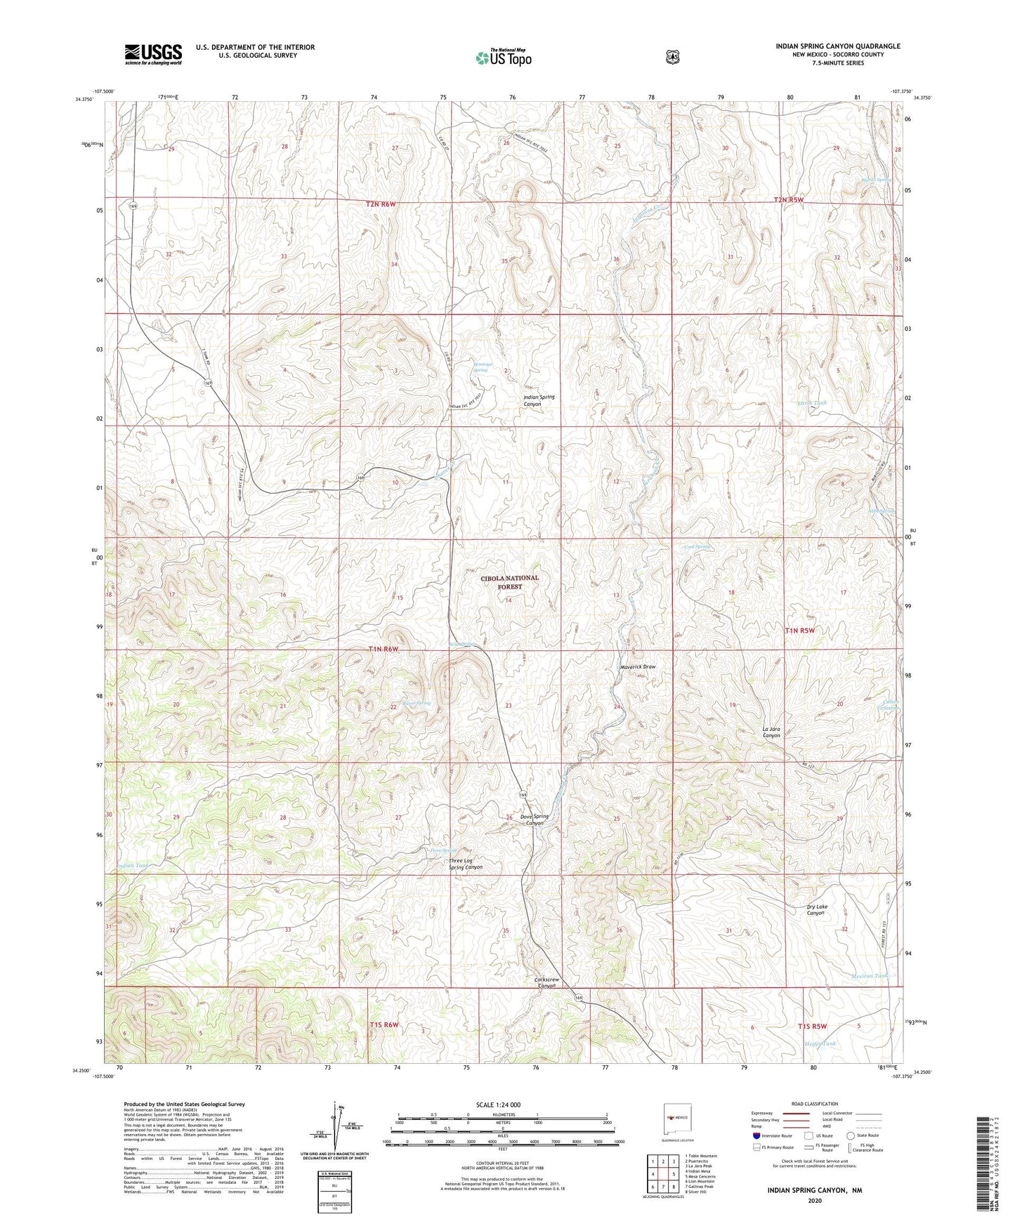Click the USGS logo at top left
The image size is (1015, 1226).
coord(153,54)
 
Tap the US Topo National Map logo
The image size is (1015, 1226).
coord(502,58)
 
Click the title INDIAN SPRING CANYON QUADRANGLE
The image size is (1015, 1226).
coord(837,46)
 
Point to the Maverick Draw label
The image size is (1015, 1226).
coord(638,667)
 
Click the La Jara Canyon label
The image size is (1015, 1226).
coord(771,732)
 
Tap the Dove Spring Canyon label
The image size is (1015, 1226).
coord(535,819)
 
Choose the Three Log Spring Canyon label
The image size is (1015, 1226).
coord(466,864)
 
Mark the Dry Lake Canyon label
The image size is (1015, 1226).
coord(816,910)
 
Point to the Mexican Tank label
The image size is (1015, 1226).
coord(869,976)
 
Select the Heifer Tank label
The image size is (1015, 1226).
coord(820,1044)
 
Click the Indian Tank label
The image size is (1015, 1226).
coord(133,866)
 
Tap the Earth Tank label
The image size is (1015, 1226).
coord(812,403)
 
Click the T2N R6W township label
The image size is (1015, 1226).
coord(381,204)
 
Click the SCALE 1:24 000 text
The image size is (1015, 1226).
coord(498,1105)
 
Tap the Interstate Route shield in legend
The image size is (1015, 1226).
coord(756,1135)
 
